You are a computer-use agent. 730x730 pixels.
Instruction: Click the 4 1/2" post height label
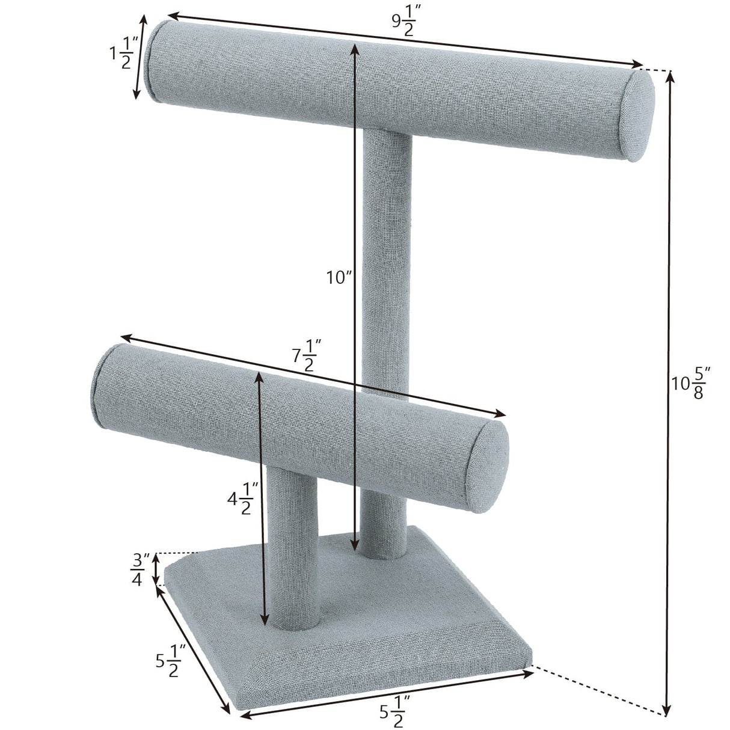coord(242,500)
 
